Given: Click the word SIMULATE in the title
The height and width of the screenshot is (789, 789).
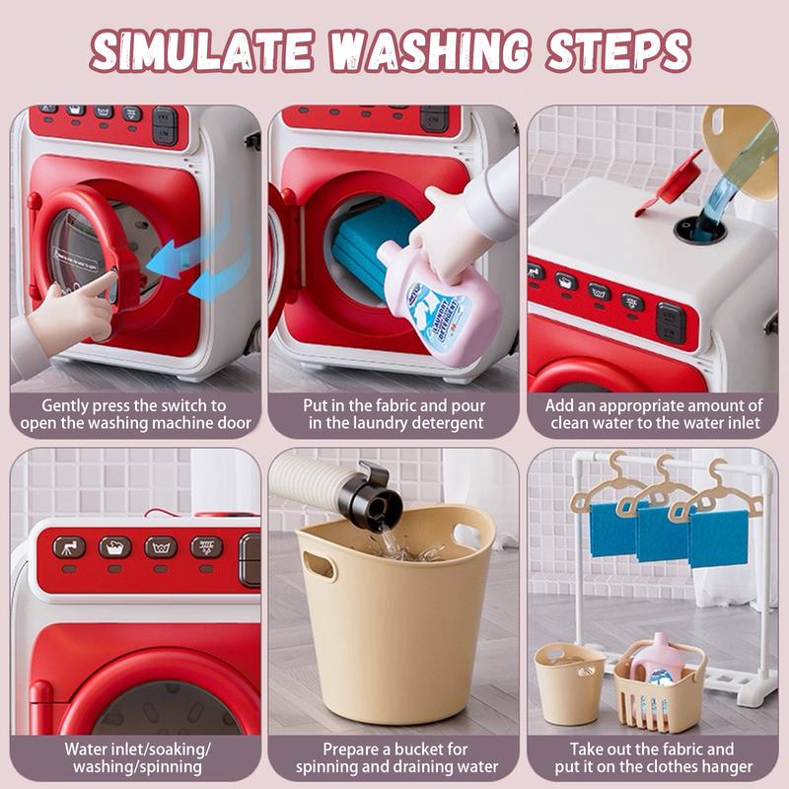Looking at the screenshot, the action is coord(202,51).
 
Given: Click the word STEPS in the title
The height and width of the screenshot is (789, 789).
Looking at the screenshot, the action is coord(618,51).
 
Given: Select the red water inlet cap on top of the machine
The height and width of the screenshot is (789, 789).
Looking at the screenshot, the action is coord(671,184).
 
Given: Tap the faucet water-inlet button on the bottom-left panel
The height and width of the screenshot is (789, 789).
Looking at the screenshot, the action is coord(69,547).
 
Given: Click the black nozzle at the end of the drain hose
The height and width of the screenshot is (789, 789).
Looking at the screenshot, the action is coord(371,496).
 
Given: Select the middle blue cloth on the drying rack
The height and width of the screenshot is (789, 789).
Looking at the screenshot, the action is coord(663,534).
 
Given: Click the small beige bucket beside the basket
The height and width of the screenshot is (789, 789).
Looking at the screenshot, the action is coord(569,683).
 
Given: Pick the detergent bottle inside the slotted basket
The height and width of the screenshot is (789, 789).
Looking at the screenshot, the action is coord(657,660).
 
